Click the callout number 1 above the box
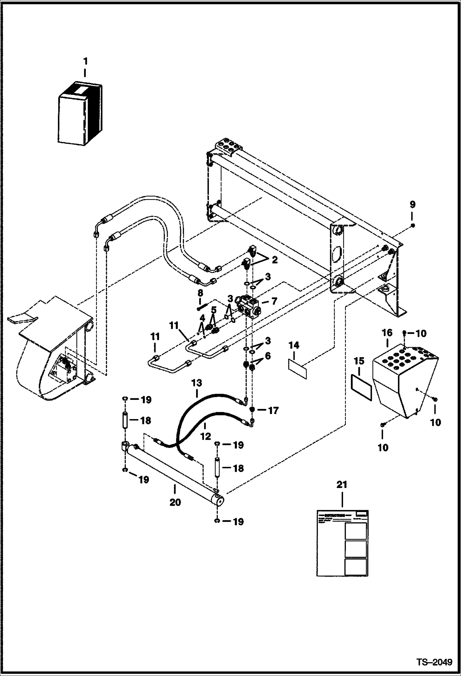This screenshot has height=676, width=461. (x=85, y=62)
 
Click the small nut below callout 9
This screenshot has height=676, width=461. (x=413, y=226)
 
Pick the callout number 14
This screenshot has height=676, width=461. (x=294, y=345)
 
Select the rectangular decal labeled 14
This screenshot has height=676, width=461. (x=298, y=369)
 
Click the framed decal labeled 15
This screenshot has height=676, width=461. (x=362, y=387)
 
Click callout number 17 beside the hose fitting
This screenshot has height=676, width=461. (x=273, y=410)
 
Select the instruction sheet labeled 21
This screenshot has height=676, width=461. (x=342, y=543)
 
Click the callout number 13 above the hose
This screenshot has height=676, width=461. (x=197, y=383)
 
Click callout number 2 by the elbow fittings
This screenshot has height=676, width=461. (x=274, y=260)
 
